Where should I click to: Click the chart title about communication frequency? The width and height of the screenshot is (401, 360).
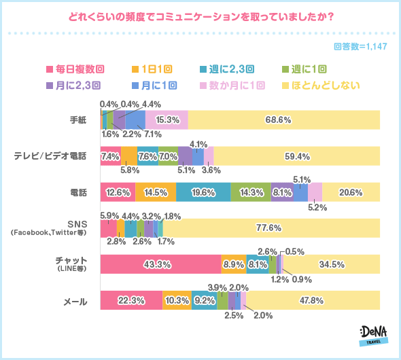[x=201, y=17]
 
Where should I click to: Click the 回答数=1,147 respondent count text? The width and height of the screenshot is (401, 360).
[x=360, y=46]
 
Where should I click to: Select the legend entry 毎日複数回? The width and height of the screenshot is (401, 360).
[x=75, y=69]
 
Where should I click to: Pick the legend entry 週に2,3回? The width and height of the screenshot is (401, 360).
[x=228, y=69]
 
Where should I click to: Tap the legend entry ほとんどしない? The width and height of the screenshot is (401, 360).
[x=319, y=86]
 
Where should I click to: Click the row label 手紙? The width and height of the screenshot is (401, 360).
[x=77, y=120]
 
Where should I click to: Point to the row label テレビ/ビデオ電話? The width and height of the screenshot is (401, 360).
[x=51, y=156]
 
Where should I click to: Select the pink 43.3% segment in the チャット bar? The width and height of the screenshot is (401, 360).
[x=160, y=264]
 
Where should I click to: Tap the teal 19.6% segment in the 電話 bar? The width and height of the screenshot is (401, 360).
[x=203, y=192]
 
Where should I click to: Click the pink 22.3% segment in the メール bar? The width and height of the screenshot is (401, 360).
[x=131, y=300]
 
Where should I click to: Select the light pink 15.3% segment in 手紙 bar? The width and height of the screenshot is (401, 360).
[x=167, y=120]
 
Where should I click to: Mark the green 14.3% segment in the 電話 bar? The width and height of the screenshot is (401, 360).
[x=250, y=192]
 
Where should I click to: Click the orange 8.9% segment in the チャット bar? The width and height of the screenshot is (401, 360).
[x=233, y=264]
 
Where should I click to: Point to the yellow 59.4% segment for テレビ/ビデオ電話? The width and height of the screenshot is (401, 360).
[x=296, y=156]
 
